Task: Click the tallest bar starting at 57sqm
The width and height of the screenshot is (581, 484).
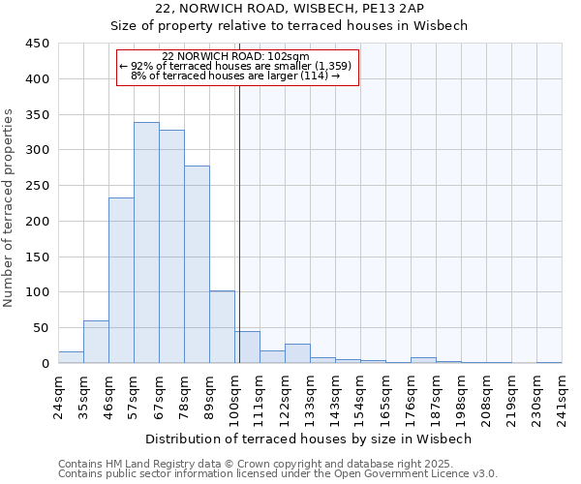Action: click(146, 243)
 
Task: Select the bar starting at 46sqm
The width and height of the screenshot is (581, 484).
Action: click(121, 281)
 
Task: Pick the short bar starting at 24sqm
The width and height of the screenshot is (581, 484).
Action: click(71, 357)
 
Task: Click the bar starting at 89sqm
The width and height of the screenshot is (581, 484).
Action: click(222, 327)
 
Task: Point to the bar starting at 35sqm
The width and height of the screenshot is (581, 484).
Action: click(96, 342)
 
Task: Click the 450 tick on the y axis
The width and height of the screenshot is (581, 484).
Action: click(38, 44)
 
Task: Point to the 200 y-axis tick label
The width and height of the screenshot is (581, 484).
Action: click(38, 221)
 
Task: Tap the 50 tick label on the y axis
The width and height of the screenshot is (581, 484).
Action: click(42, 328)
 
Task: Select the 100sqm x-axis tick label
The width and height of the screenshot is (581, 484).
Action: click(234, 396)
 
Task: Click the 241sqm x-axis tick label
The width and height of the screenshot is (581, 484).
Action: click(562, 396)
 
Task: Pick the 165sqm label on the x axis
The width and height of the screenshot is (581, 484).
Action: click(385, 396)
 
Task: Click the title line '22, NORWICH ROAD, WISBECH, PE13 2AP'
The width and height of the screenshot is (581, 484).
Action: click(290, 9)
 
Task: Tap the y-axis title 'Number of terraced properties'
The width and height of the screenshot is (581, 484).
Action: click(10, 208)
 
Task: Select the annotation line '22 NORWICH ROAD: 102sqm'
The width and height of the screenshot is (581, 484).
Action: click(236, 56)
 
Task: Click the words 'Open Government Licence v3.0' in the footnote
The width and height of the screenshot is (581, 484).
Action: click(424, 474)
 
